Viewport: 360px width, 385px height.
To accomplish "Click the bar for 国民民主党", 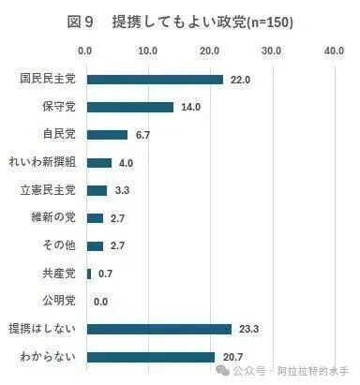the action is coord(155,80).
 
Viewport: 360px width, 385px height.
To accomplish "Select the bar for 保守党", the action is coord(130,107).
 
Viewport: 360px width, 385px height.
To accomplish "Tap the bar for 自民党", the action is coord(107,135).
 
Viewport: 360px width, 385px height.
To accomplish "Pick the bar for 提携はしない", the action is coord(159,330).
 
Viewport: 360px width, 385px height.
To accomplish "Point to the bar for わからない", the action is coord(151,357).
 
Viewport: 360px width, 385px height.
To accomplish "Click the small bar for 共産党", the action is coord(89,274).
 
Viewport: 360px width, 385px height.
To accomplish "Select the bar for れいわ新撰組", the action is coord(99,163).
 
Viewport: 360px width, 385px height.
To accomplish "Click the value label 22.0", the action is coord(240,80).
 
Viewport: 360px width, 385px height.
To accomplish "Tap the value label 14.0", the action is coord(190,107).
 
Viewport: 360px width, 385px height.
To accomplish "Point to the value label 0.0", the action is coord(100,302).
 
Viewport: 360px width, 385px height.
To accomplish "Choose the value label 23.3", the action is coord(248,329).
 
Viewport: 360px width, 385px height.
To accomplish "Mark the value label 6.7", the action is coord(142,135).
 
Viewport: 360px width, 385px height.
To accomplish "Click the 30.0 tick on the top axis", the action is coord(271,51).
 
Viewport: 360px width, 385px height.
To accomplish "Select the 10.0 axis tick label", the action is coord(148,51).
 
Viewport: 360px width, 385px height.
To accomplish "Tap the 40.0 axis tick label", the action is coord(334,51).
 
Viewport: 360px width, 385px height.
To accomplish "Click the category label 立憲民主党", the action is coord(48,190).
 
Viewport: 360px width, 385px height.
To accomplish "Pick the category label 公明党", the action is coord(59,301).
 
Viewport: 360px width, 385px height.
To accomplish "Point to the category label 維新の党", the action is coord(53,217).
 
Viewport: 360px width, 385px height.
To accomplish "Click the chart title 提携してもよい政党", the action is coord(179,22).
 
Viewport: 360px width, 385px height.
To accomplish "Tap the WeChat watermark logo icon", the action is coord(223,370).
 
